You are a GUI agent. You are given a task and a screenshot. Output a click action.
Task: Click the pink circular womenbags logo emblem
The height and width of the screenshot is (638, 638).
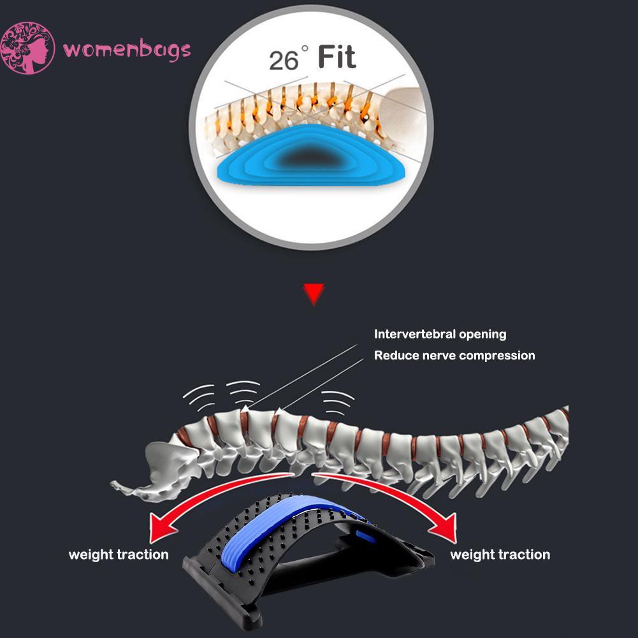pos(27,48)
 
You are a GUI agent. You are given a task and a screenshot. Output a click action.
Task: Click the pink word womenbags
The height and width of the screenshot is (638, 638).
pos(127,49)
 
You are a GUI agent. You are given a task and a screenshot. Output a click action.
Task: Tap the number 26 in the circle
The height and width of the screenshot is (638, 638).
pos(284,60)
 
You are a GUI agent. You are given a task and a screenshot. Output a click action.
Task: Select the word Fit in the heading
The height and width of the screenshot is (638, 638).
pos(337,57)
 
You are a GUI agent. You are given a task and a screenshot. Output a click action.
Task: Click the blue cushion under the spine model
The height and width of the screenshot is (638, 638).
pos(311,156)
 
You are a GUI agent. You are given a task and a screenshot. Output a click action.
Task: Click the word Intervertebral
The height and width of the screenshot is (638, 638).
pos(415,334)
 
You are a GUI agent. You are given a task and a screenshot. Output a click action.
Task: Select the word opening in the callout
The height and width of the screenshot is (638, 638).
pos(483,335)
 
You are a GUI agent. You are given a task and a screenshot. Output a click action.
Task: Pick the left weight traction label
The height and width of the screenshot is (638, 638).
pos(119,555)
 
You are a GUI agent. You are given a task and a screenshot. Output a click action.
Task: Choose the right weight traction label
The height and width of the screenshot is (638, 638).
pos(500,555)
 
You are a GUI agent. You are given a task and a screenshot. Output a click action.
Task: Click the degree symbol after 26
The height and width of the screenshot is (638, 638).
pos(305,49)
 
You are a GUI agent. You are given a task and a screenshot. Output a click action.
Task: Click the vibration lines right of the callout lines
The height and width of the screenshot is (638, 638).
pos(338,403)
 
